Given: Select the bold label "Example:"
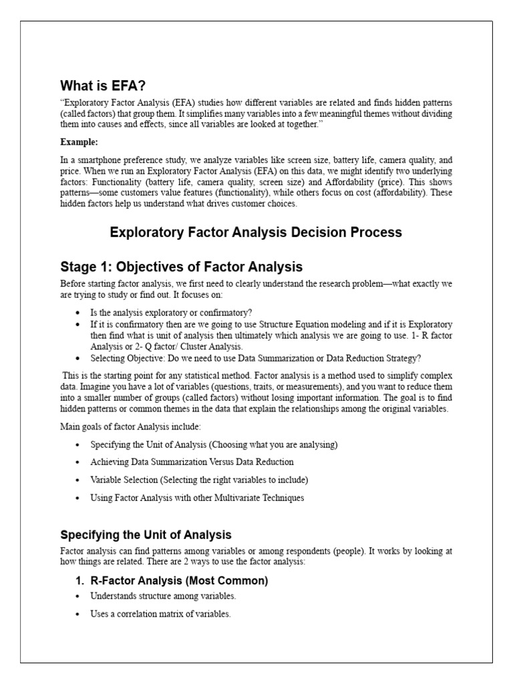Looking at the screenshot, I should (x=79, y=142).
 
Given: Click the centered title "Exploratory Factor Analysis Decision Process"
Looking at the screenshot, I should (x=256, y=232).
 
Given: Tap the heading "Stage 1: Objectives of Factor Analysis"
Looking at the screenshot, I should (x=181, y=267).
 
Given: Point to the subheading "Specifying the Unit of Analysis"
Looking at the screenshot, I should (x=146, y=534).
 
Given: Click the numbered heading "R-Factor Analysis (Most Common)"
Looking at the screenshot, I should (x=179, y=581).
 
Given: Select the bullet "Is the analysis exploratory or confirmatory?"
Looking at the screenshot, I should (x=171, y=313).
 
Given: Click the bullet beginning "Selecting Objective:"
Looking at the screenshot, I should (x=256, y=358).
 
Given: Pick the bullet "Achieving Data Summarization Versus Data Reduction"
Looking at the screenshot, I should (x=192, y=462).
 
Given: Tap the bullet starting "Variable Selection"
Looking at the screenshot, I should (x=199, y=480).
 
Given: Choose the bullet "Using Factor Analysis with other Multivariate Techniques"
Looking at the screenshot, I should (x=197, y=498).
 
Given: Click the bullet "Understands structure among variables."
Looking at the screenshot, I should (x=163, y=596).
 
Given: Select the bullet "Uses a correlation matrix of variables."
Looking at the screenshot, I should (x=160, y=614).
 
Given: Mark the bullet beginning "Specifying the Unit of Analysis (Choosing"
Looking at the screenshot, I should (x=214, y=444).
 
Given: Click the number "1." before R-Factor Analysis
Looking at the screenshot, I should (x=80, y=581).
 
